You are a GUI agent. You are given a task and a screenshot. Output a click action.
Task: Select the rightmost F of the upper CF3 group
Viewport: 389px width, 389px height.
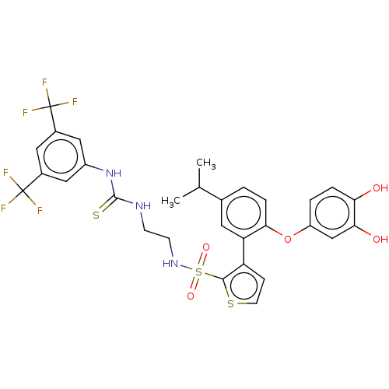(75, 102)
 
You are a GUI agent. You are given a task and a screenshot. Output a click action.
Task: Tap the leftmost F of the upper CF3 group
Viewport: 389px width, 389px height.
(25, 113)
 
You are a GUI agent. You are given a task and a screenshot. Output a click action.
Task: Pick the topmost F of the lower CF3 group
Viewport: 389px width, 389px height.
(5, 173)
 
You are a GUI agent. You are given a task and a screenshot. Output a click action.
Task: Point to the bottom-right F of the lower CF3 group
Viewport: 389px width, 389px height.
(40, 210)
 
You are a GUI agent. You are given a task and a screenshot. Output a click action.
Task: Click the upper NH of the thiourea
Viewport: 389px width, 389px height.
(114, 173)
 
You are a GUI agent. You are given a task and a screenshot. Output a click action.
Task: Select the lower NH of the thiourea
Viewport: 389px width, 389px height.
(142, 206)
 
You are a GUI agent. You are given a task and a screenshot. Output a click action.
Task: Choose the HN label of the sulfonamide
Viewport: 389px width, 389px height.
(170, 264)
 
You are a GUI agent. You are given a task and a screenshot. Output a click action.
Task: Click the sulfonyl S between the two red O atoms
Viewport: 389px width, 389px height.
(198, 272)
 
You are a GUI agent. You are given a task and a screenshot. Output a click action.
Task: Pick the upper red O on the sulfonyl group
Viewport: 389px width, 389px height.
(206, 248)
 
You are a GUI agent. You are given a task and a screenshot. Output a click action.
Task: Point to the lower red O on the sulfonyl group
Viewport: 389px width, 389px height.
(191, 296)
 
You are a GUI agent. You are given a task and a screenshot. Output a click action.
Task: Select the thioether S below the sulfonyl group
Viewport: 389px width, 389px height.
(231, 303)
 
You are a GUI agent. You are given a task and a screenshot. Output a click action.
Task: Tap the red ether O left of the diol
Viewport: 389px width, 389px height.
(287, 239)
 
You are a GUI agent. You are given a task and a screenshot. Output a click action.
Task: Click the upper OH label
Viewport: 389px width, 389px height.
(380, 188)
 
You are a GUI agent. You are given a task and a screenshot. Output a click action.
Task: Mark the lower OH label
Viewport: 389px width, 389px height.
(380, 240)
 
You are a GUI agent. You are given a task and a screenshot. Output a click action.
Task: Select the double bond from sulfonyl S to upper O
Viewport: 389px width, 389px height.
(202, 260)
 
